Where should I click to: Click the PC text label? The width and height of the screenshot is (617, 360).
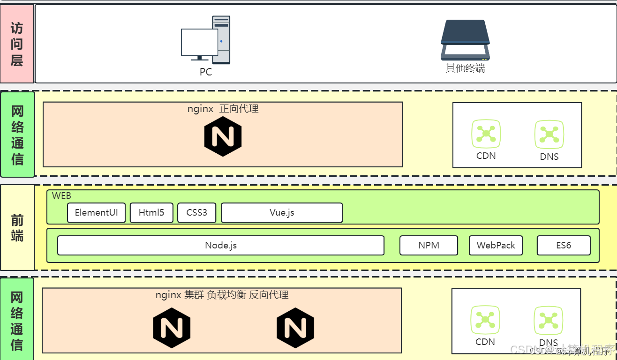[205, 72]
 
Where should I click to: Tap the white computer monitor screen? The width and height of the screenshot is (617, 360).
[199, 42]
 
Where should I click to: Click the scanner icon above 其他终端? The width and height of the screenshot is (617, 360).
[465, 40]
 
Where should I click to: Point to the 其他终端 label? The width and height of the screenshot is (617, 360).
[465, 68]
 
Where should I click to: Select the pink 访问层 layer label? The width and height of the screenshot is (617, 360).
[17, 44]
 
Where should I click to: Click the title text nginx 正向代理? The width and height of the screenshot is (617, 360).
[223, 109]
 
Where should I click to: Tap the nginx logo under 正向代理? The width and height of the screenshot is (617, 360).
[223, 137]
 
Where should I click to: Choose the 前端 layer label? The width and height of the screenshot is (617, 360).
[17, 228]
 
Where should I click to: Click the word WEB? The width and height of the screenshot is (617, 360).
[61, 196]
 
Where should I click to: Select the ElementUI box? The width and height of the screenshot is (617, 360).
[97, 213]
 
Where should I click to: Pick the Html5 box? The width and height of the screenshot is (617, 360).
[151, 213]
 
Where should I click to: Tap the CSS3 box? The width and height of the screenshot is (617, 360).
[196, 213]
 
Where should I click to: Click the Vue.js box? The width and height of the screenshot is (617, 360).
[282, 213]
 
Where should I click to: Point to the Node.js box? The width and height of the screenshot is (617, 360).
[221, 245]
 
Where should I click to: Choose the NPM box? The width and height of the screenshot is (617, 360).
[429, 245]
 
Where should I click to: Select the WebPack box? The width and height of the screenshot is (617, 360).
[496, 245]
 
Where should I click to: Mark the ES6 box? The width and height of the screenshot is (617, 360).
[563, 245]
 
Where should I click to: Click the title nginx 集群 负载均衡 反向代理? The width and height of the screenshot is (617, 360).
[222, 295]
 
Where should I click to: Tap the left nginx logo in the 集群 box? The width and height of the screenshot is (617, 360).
[172, 328]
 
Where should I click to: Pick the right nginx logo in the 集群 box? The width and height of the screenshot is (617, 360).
[295, 328]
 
